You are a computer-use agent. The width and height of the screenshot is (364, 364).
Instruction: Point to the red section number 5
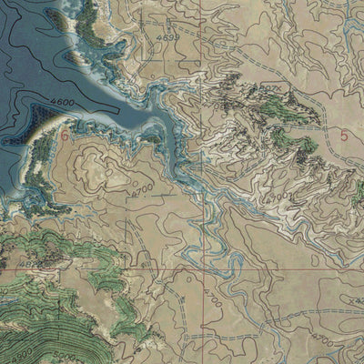[344, 136]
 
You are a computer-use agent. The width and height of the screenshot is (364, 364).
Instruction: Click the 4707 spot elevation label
[270, 87]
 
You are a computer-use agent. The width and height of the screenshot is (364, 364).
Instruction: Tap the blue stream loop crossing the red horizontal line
[231, 270]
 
